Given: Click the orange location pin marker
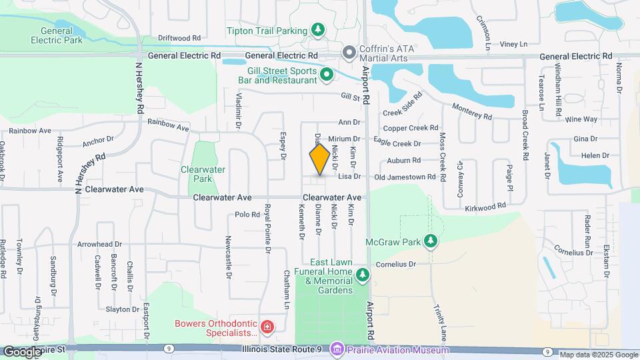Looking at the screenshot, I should tap(319, 159).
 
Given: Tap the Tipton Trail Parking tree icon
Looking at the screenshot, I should tap(319, 30).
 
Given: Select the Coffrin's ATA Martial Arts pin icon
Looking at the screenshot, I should tap(348, 52).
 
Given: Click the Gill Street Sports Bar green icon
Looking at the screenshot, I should tap(327, 75).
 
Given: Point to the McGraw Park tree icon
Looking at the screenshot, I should tap(431, 241).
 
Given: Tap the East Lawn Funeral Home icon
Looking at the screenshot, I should tap(362, 274).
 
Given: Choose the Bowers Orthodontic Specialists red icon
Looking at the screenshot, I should tap(267, 327).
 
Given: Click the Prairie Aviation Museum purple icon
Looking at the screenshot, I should tap(337, 349).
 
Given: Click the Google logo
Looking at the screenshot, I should tap(23, 351).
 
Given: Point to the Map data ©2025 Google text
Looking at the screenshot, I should tap(597, 355).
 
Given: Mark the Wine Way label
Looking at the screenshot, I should tap(581, 119).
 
